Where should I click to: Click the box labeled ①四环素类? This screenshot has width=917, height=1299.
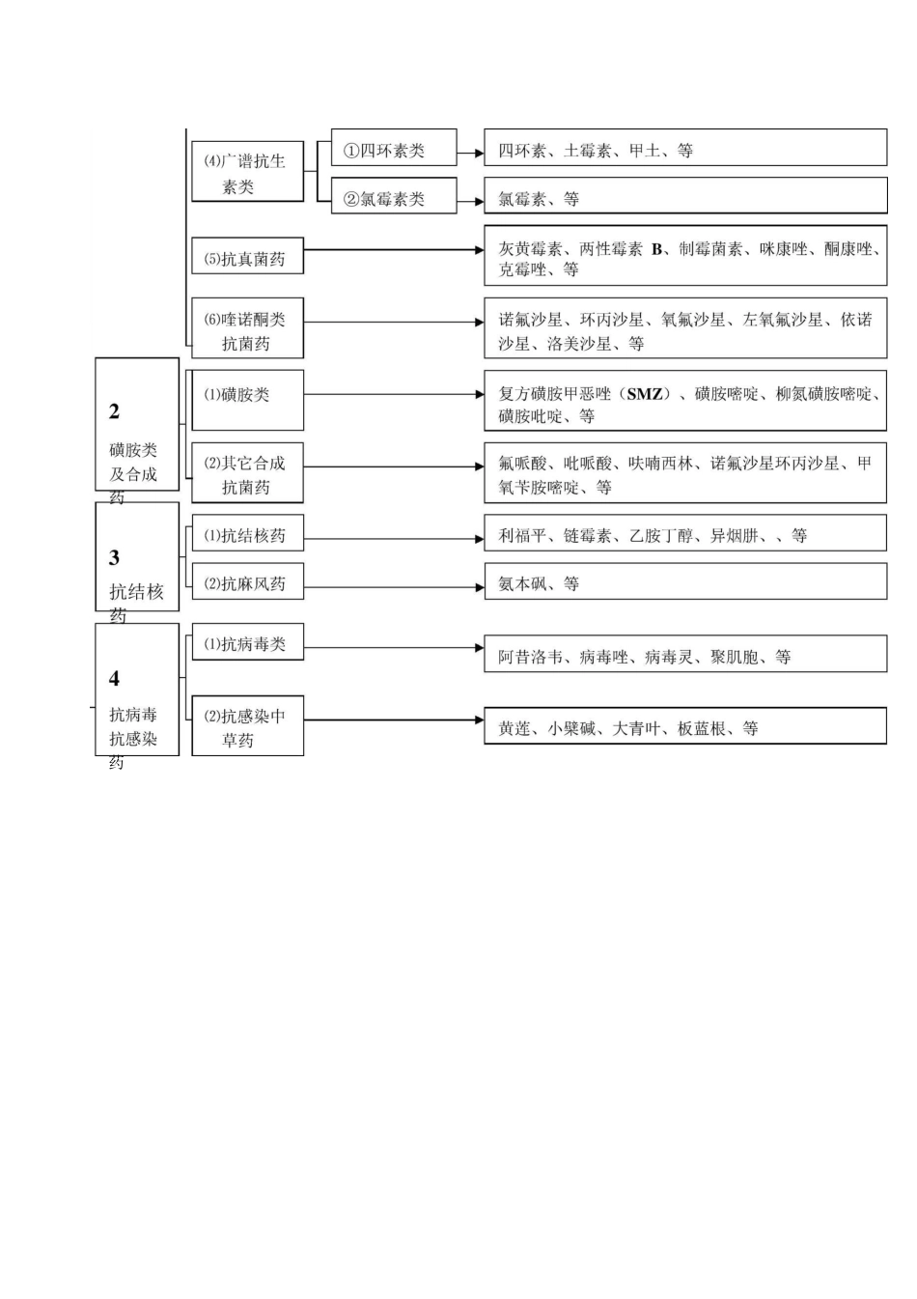pos(393,151)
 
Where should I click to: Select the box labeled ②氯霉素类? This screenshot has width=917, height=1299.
pos(393,199)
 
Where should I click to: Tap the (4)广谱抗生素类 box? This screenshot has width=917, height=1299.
pos(247,174)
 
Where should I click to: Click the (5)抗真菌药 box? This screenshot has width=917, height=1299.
pos(247,259)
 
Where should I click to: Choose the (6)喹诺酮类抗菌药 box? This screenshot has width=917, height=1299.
pos(247,330)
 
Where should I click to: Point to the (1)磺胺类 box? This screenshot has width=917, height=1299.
pos(247,399)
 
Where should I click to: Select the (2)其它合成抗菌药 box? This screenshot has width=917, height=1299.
pos(247,475)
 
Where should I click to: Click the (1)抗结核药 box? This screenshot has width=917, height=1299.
pos(247,536)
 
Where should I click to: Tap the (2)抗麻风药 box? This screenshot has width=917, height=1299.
pos(247,583)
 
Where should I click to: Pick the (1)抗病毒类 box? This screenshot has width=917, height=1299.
pos(247,643)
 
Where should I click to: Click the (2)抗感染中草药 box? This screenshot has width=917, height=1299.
pos(247,727)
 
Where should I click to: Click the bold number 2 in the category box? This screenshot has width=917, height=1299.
pos(115,412)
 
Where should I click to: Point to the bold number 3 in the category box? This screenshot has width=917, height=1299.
pos(115,558)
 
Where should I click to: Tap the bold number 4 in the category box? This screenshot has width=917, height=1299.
pos(115,679)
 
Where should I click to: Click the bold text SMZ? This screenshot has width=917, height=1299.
pos(645,394)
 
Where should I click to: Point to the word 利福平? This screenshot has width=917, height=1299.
pos(522,536)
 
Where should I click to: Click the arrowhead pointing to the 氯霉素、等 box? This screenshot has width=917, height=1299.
pos(479,202)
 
